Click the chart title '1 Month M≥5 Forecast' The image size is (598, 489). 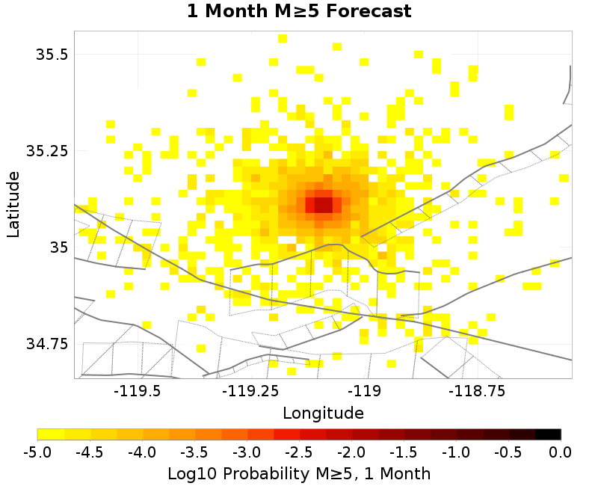pyautogui.click(x=298, y=11)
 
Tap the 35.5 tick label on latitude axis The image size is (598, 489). pyautogui.click(x=52, y=55)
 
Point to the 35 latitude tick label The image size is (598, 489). pyautogui.click(x=57, y=247)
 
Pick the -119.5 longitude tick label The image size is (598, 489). pyautogui.click(x=138, y=390)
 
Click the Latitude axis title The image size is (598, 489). pyautogui.click(x=13, y=203)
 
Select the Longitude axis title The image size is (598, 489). pyautogui.click(x=323, y=413)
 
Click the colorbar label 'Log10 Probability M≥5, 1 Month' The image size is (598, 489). pyautogui.click(x=299, y=473)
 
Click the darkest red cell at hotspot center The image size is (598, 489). pyautogui.click(x=323, y=203)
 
